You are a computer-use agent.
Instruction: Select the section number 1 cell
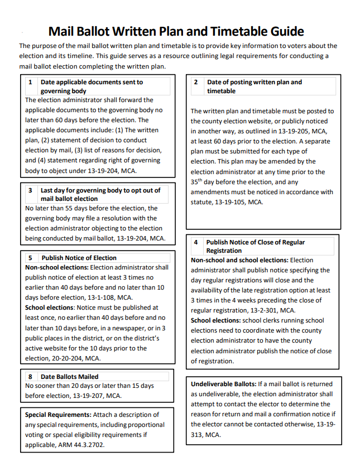(x=30, y=82)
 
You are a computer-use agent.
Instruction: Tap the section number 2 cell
(x=196, y=82)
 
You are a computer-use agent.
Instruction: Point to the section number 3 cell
(x=30, y=190)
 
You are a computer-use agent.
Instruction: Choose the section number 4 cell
(x=196, y=242)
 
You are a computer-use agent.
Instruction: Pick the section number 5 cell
(x=30, y=258)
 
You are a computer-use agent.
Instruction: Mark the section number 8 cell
(x=30, y=377)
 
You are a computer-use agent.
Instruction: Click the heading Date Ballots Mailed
(x=69, y=377)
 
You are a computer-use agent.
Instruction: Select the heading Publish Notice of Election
(x=79, y=258)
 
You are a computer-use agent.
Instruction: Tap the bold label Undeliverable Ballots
(x=223, y=384)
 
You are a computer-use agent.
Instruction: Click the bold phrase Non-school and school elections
(x=239, y=260)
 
